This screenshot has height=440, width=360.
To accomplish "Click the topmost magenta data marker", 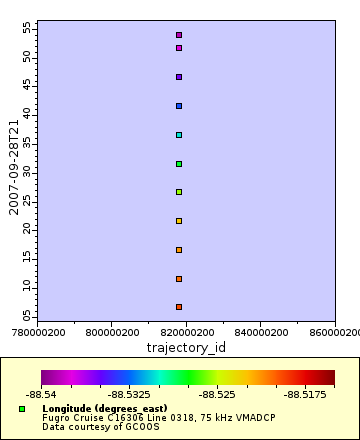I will pyautogui.click(x=179, y=35).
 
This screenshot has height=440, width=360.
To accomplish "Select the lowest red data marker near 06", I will pyautogui.click(x=179, y=307).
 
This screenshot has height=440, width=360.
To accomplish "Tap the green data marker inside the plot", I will pyautogui.click(x=179, y=164).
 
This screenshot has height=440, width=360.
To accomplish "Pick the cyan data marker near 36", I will pyautogui.click(x=179, y=135).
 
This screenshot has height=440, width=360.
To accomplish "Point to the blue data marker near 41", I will pyautogui.click(x=179, y=106).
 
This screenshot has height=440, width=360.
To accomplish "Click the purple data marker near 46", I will pyautogui.click(x=179, y=77).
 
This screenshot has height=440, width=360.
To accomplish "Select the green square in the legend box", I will pyautogui.click(x=22, y=409).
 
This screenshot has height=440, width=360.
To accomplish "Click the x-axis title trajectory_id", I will pyautogui.click(x=187, y=347).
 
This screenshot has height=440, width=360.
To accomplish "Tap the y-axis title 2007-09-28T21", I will pyautogui.click(x=13, y=168).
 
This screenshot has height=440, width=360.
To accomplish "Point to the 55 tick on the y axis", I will pyautogui.click(x=27, y=28).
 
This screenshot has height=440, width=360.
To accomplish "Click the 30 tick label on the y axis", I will pyautogui.click(x=27, y=172).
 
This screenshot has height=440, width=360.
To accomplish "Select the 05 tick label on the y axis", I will pyautogui.click(x=27, y=316).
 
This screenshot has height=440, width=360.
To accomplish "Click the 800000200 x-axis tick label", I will pyautogui.click(x=113, y=332).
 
